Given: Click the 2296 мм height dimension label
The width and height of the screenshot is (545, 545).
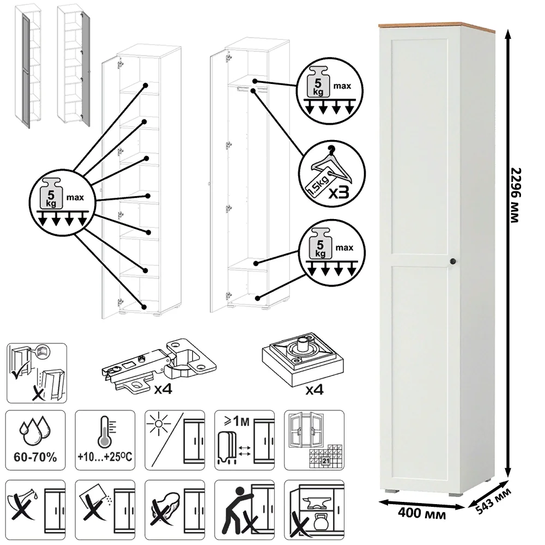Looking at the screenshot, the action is pos(517,195).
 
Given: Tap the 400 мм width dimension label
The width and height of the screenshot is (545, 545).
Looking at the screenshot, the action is pos(422,513).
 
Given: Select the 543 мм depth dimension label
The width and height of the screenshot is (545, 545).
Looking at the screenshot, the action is pos(493,501).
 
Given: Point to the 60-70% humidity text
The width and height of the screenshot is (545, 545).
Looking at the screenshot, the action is pos(35,457).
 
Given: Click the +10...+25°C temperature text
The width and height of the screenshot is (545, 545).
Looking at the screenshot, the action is pos(105,456).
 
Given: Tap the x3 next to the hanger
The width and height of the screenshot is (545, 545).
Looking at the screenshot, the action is pos(339,191).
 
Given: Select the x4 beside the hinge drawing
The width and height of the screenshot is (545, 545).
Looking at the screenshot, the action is pos(163,389).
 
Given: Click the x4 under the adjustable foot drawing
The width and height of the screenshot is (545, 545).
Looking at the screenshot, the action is pos(314,390).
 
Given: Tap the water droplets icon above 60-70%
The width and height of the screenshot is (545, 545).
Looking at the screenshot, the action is pos(35,431).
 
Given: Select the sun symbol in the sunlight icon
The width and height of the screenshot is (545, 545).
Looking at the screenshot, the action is pos(158,424).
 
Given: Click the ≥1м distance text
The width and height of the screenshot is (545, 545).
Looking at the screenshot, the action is pos(237,421).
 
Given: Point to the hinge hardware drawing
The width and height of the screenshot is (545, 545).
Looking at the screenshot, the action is pos(159,365).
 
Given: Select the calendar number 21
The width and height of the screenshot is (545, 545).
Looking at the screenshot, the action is pos(326,461).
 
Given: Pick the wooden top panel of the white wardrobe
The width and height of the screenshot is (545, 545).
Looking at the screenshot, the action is pos(436,25).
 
